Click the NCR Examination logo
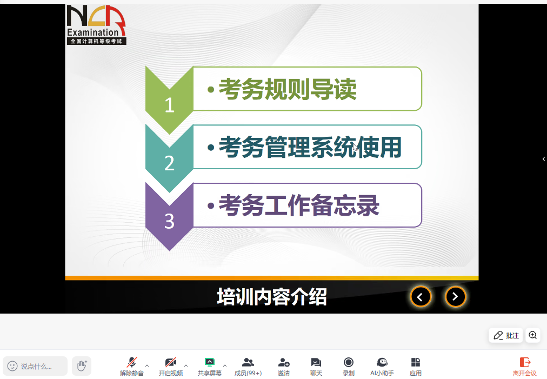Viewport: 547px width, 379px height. pyautogui.click(x=96, y=25)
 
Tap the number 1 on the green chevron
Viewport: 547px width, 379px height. pyautogui.click(x=170, y=105)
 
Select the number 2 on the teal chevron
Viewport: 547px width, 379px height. pyautogui.click(x=170, y=163)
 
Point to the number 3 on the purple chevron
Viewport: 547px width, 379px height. pyautogui.click(x=170, y=221)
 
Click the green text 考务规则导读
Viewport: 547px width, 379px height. pyautogui.click(x=288, y=89)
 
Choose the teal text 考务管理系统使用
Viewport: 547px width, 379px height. pyautogui.click(x=310, y=147)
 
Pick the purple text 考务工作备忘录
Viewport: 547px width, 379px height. pyautogui.click(x=298, y=205)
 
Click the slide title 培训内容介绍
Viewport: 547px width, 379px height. pyautogui.click(x=272, y=297)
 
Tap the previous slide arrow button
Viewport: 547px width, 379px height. pyautogui.click(x=421, y=297)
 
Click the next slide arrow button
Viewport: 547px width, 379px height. pyautogui.click(x=455, y=297)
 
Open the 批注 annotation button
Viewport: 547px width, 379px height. pyautogui.click(x=506, y=335)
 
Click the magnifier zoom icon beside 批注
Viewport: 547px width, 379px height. pyautogui.click(x=533, y=335)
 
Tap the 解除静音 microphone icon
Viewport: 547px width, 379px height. pyautogui.click(x=132, y=362)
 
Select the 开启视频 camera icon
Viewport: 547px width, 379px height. pyautogui.click(x=171, y=362)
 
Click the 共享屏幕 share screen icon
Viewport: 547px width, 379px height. pyautogui.click(x=209, y=362)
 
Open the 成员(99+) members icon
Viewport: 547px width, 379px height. pyautogui.click(x=248, y=362)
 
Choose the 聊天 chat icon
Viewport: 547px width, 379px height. pyautogui.click(x=316, y=362)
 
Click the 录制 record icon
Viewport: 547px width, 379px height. pyautogui.click(x=348, y=362)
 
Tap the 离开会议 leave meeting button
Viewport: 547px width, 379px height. pyautogui.click(x=525, y=367)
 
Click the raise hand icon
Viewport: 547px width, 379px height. pyautogui.click(x=82, y=365)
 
